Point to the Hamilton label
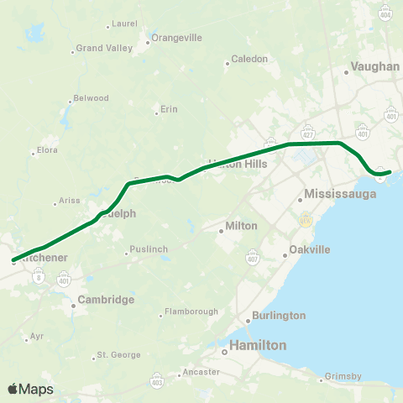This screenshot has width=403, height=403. pyautogui.click(x=259, y=345)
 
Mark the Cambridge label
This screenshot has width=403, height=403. pyautogui.click(x=106, y=299)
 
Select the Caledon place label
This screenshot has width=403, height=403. pyautogui.click(x=249, y=59)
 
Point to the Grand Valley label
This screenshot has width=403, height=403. pyautogui.click(x=104, y=49)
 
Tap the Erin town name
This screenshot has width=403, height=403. pyautogui.click(x=170, y=110)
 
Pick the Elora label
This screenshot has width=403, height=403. pyautogui.click(x=46, y=152)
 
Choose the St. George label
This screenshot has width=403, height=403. pyautogui.click(x=118, y=355)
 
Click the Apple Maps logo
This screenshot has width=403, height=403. pyautogui.click(x=30, y=389)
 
